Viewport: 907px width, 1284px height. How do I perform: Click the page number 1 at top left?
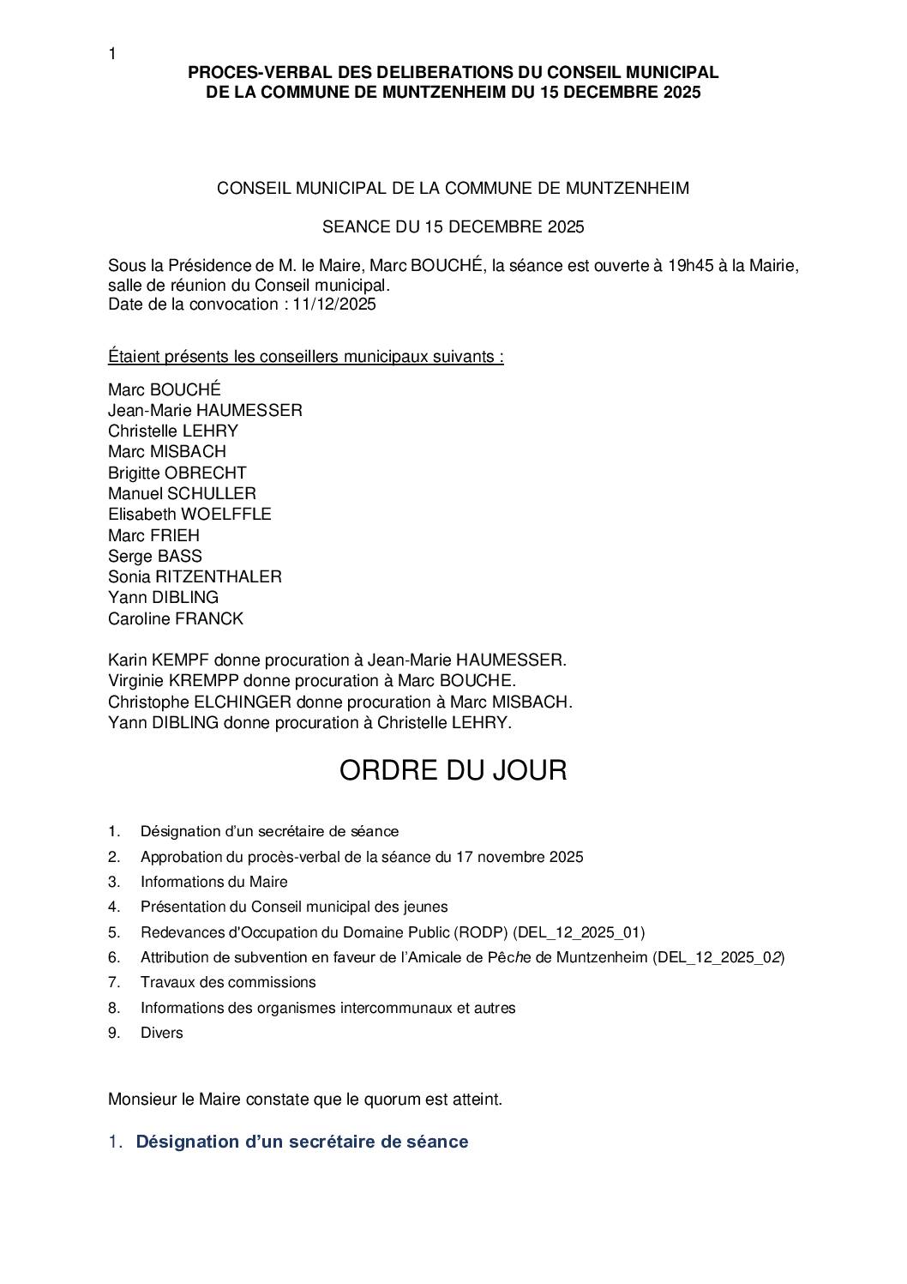(112, 54)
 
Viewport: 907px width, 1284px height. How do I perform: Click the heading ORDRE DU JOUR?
(453, 769)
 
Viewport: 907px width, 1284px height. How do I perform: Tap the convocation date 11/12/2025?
(333, 304)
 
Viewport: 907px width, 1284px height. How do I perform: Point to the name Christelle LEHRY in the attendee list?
(173, 431)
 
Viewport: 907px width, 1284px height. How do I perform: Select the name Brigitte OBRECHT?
(177, 473)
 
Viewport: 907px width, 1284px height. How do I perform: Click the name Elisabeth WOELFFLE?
(189, 514)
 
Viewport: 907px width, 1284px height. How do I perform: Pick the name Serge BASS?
(155, 556)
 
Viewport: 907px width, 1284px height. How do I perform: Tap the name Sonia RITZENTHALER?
(195, 576)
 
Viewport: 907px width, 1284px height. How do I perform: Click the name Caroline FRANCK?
(176, 618)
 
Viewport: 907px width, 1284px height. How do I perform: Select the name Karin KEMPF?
(159, 660)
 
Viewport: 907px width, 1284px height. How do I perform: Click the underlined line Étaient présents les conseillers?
(306, 356)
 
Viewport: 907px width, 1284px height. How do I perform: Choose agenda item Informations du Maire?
(214, 882)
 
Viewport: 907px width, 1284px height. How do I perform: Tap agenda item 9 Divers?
(162, 1033)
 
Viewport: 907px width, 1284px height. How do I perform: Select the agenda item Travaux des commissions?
(228, 982)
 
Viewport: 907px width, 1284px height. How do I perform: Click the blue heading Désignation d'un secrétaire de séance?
(302, 1142)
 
